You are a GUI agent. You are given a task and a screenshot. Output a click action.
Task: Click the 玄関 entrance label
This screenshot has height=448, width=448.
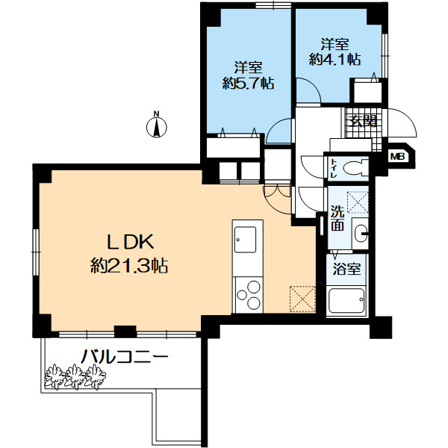pos(362,122)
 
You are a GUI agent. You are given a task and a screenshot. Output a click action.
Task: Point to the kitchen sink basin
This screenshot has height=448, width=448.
pos(245,240)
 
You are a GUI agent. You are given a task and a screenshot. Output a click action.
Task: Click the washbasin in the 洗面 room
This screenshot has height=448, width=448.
pos(361,233)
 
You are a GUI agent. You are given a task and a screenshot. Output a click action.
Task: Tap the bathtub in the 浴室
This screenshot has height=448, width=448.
pos(346,300)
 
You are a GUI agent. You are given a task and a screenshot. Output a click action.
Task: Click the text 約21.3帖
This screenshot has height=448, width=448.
pos(129,267)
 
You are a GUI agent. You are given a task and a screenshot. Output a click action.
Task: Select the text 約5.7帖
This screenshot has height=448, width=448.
pos(249,83)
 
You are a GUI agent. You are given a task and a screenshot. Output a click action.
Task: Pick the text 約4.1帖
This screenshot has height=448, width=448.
pos(335,60)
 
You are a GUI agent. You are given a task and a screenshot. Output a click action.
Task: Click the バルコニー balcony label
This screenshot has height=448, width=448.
pos(125,357)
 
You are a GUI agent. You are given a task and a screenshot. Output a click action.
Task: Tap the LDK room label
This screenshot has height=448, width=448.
pos(130,242)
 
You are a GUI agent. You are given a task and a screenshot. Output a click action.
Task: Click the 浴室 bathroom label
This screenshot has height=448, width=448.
pos(346,269)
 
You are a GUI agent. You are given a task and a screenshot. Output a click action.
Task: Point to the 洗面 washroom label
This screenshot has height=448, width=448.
pos(337,218)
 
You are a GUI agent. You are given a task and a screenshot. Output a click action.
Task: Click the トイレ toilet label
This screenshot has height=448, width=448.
pos(334,169)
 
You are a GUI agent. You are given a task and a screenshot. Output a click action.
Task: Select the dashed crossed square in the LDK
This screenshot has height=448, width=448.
pos(302,299)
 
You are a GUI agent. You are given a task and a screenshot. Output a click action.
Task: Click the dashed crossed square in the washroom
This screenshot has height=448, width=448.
pos(358,202)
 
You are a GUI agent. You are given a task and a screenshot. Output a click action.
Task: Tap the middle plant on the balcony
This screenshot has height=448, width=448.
pos(75,376)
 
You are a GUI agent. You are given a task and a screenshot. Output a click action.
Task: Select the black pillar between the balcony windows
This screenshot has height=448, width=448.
pos(125,332)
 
